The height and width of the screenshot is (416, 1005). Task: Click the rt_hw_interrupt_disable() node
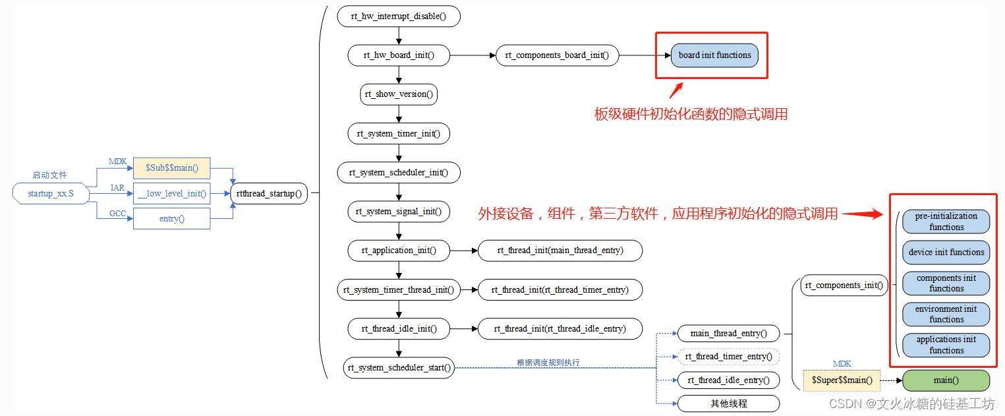(399, 16)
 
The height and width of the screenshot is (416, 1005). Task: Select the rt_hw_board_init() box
(399, 55)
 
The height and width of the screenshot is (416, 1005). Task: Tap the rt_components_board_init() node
(557, 55)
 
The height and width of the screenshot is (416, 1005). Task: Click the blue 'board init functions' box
(714, 55)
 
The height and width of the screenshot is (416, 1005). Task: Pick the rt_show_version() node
(399, 94)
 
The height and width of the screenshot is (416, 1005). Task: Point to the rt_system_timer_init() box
(399, 133)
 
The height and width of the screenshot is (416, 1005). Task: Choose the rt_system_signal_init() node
(399, 212)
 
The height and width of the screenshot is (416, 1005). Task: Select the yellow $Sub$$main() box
(171, 168)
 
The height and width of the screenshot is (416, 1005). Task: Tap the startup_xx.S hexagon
(51, 193)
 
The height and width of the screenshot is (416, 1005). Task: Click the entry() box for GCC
(171, 218)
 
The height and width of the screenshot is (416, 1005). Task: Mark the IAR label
(117, 188)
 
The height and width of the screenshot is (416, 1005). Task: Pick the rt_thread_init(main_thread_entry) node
(560, 251)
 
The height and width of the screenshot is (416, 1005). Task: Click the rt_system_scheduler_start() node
(399, 367)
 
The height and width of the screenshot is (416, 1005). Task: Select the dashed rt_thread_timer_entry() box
(728, 357)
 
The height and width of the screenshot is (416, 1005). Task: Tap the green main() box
(946, 380)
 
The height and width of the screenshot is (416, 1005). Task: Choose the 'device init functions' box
(946, 252)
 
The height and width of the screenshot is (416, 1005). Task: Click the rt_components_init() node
(844, 285)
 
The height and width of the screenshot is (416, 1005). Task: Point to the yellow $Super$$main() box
(842, 380)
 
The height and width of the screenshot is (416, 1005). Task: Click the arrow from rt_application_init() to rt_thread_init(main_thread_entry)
(464, 251)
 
